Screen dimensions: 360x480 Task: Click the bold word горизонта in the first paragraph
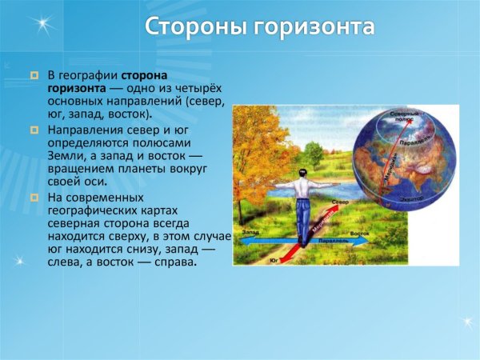click(x=78, y=88)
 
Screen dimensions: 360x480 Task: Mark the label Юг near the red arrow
click(x=274, y=261)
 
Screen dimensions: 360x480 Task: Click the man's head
click(x=301, y=173)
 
